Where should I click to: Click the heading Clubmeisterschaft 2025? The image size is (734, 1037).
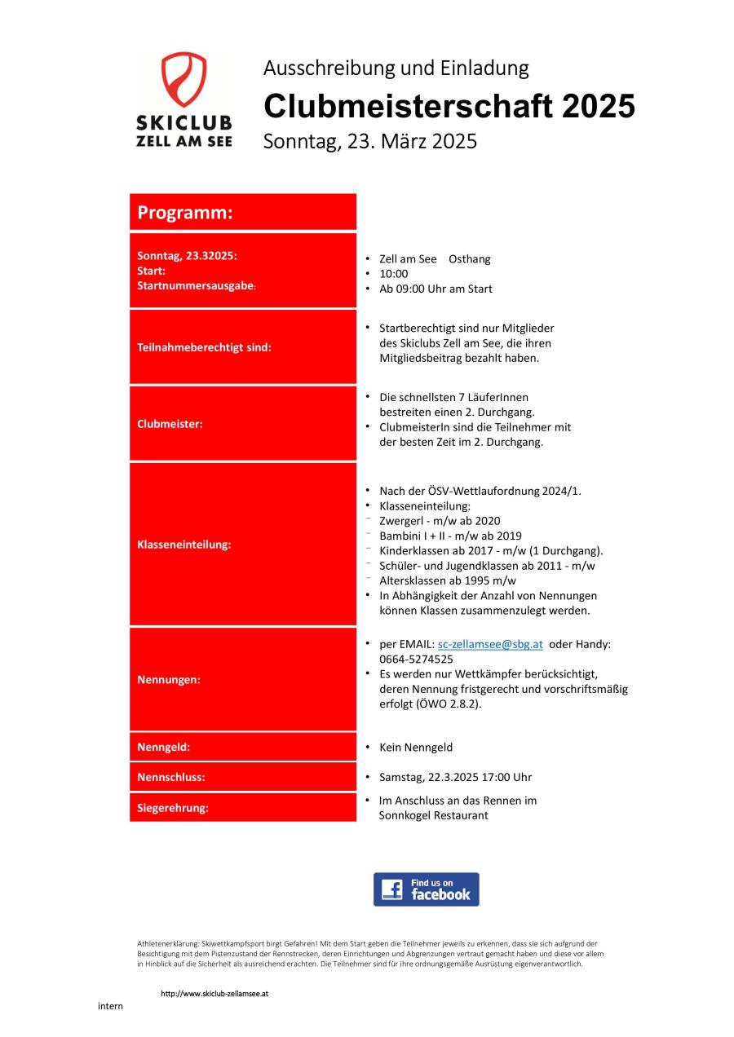click(449, 106)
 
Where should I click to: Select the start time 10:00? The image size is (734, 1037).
click(394, 274)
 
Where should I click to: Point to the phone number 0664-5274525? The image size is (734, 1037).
click(416, 659)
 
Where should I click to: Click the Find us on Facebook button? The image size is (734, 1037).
click(426, 889)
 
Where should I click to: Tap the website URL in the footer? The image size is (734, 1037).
click(214, 994)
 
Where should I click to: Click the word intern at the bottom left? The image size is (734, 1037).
click(110, 1006)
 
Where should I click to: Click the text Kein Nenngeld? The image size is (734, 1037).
click(416, 748)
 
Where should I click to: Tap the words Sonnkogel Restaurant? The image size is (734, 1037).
click(433, 815)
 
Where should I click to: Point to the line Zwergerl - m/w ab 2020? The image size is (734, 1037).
click(440, 521)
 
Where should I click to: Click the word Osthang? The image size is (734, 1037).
click(470, 259)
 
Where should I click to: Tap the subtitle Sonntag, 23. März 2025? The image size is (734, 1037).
click(369, 141)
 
